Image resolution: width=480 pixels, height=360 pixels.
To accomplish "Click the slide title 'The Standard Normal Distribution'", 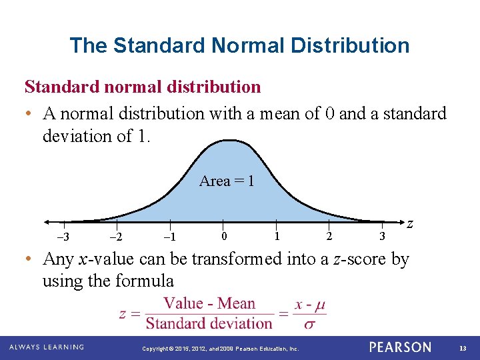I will pos(239,45).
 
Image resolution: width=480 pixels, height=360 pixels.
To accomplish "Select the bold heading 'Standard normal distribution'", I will pos(143,87).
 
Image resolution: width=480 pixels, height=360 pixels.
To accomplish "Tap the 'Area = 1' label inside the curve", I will pos(227,181).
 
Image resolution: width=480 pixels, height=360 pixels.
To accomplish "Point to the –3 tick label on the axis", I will pos(64,238).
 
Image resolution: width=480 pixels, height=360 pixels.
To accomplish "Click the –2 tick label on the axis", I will pos(116,238).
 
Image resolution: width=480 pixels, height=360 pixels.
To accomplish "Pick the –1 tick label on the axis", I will pos(169,238).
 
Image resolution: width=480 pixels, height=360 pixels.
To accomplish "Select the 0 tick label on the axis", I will pos(224,235).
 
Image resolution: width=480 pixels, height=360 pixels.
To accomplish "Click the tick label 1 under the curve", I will pos(277,235).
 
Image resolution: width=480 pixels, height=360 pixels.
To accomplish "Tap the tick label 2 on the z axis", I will pos(329,235).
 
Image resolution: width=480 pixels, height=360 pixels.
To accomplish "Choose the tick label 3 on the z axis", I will pos(382,235).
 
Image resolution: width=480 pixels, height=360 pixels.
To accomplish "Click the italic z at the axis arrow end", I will pos(411,225).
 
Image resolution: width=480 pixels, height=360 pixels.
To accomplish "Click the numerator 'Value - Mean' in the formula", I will pos(209,304).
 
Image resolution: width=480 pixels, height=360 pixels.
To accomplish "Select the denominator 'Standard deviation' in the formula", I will pos(209,323).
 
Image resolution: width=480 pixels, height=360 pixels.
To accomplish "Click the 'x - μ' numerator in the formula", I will pos(310,305).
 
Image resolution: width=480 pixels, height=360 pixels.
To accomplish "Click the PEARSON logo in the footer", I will pos(400,347).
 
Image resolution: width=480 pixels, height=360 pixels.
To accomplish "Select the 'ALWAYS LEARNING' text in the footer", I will pos(47,347).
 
